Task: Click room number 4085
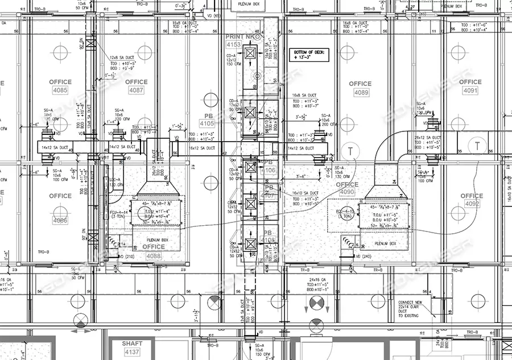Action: pyautogui.click(x=59, y=90)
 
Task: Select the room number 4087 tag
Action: pyautogui.click(x=136, y=90)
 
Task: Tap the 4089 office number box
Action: pyautogui.click(x=361, y=92)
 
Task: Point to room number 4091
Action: pyautogui.click(x=470, y=90)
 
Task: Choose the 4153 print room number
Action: pyautogui.click(x=234, y=44)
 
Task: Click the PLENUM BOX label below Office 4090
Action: pyautogui.click(x=389, y=243)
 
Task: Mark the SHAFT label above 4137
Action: pyautogui.click(x=131, y=344)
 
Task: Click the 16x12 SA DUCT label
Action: pyautogui.click(x=201, y=148)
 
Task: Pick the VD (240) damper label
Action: pyautogui.click(x=362, y=256)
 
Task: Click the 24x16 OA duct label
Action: pyautogui.click(x=319, y=280)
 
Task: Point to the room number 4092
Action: pyautogui.click(x=472, y=203)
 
